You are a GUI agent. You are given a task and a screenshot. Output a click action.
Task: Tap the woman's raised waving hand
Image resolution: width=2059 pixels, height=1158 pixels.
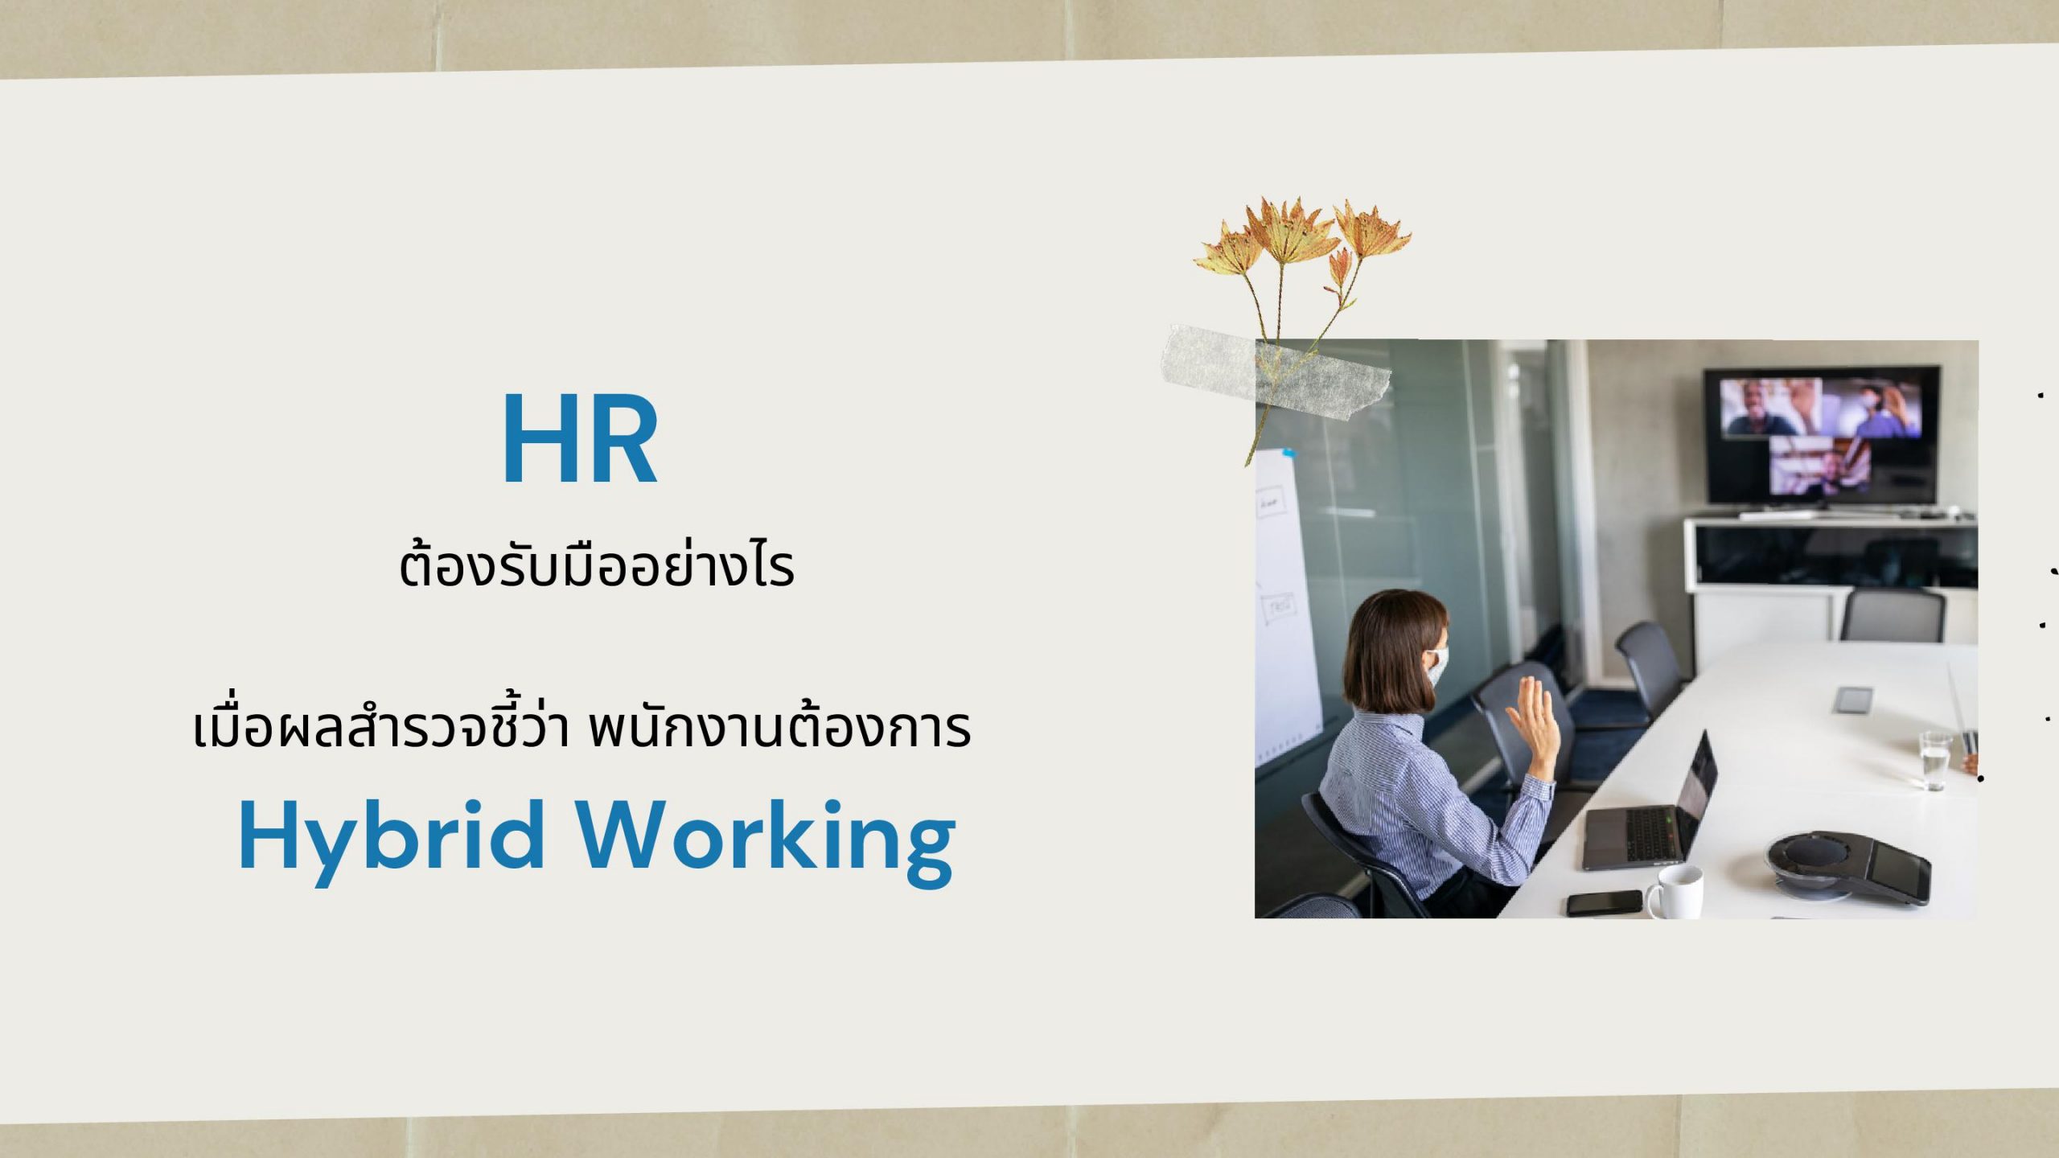point(1535,719)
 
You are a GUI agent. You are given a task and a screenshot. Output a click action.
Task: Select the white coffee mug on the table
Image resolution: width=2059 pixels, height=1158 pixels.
point(1674,892)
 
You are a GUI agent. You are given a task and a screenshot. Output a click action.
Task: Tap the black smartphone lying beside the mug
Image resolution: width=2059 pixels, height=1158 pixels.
point(1604,902)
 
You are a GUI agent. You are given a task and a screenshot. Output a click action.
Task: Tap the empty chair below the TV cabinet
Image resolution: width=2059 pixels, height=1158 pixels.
point(1892,614)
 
